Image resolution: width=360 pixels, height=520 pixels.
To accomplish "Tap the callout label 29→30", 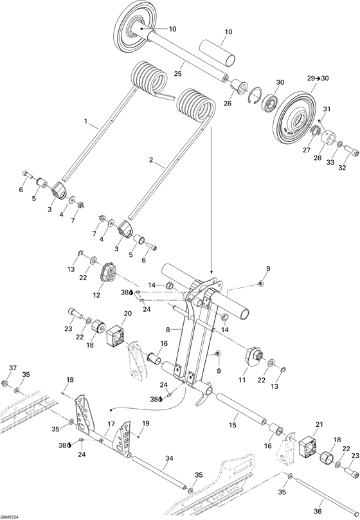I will point(319,78).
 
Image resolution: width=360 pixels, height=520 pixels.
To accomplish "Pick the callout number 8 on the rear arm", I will point(168,329).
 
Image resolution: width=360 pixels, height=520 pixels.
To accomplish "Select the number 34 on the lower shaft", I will point(169,458).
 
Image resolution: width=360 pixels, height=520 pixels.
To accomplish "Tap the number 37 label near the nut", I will point(12,368).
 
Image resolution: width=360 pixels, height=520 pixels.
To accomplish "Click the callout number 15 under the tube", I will point(233,426).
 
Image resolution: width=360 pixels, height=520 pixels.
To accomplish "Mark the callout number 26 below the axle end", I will point(228,102).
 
